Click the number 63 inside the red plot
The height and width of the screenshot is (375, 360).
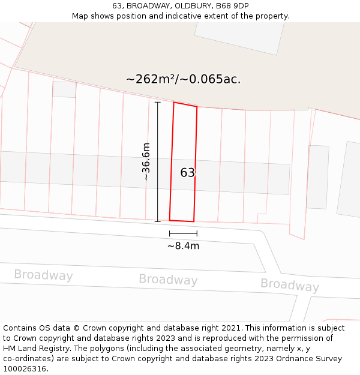click(188, 173)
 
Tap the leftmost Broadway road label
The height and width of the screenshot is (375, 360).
click(43, 275)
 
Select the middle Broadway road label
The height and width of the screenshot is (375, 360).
click(168, 280)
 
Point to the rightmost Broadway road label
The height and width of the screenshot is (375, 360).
click(290, 284)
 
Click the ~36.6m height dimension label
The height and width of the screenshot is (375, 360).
click(146, 161)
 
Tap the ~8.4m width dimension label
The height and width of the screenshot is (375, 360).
click(183, 245)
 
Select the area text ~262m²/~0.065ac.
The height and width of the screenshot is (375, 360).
click(183, 79)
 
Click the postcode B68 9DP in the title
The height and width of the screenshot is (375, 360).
click(232, 6)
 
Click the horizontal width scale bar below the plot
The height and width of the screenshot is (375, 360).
click(183, 233)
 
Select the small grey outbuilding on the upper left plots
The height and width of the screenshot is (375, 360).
click(64, 89)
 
